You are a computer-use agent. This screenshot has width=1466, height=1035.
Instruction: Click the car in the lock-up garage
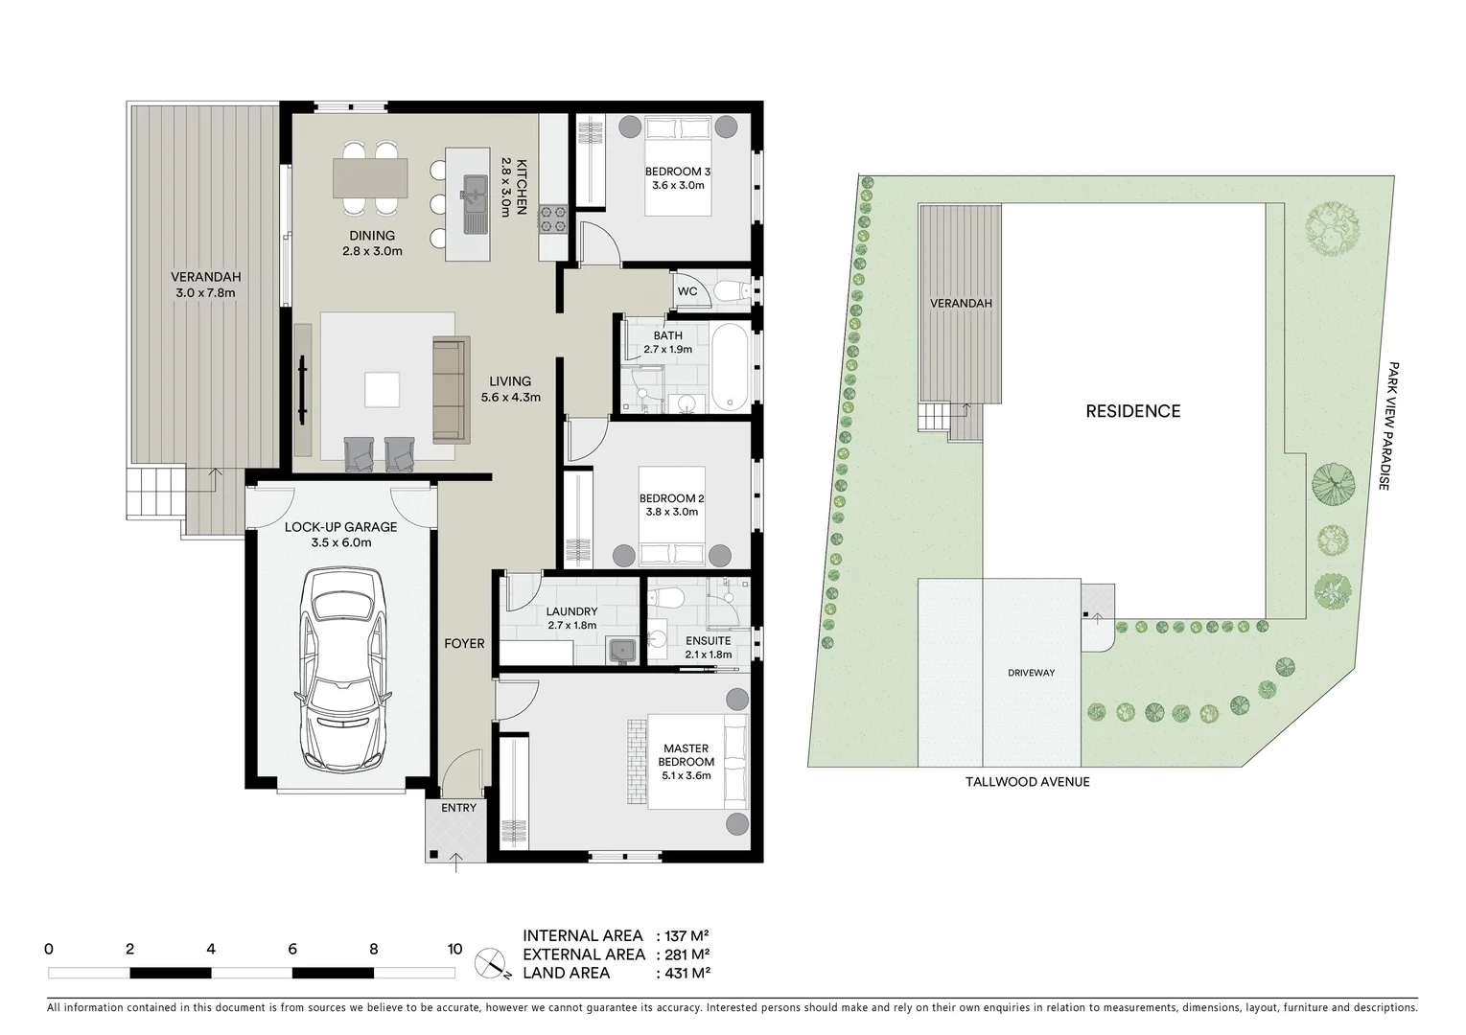point(342,668)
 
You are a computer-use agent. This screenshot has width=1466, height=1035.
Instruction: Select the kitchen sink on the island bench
point(476,203)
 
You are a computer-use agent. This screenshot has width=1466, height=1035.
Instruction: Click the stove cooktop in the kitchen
point(553,219)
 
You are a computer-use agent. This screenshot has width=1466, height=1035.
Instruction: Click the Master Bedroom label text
point(686,755)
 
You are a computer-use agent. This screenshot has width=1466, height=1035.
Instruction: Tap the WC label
point(687,291)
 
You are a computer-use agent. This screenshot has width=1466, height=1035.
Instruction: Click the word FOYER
point(464,643)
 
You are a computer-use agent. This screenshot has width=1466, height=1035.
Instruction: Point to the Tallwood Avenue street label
point(1027,782)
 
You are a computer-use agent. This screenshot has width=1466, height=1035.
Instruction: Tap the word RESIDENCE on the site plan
point(1132,411)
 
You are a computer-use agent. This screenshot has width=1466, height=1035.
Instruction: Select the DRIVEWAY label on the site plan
point(1031,673)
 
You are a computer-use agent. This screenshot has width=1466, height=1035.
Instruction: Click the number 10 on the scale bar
point(454,950)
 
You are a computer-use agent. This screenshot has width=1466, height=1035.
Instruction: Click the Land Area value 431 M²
point(683,973)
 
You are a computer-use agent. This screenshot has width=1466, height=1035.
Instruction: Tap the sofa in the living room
point(451,389)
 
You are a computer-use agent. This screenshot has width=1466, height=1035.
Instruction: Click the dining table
point(370,178)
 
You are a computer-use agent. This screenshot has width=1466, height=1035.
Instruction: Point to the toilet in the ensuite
point(665,598)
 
